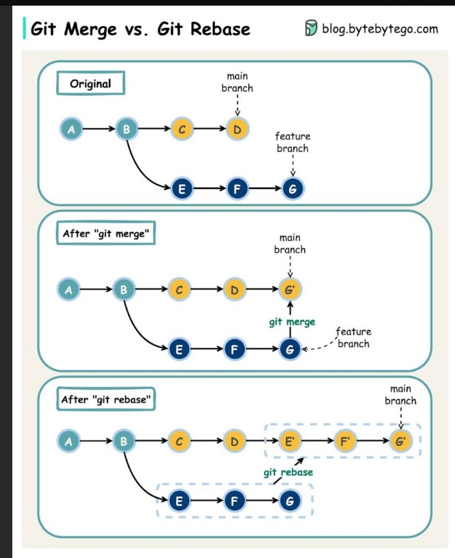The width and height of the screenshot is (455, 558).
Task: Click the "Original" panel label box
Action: pos(90,84)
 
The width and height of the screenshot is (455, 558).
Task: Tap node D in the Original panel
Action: pos(237,130)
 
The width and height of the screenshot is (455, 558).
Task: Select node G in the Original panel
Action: pos(292,189)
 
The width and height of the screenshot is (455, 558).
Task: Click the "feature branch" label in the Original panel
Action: pos(292,143)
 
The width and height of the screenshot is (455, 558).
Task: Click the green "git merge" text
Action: pos(292,322)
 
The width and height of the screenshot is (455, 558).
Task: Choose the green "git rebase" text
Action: pos(288,472)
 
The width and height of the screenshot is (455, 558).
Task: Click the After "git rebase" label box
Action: pos(107,400)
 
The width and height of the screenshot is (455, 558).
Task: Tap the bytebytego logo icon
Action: pos(311,29)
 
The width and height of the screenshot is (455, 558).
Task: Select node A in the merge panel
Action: pos(68,290)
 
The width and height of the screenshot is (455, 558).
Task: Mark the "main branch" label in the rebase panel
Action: pos(400,395)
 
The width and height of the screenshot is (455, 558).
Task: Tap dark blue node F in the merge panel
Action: pos(235,350)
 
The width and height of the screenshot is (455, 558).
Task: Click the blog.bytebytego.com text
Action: pos(380,29)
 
